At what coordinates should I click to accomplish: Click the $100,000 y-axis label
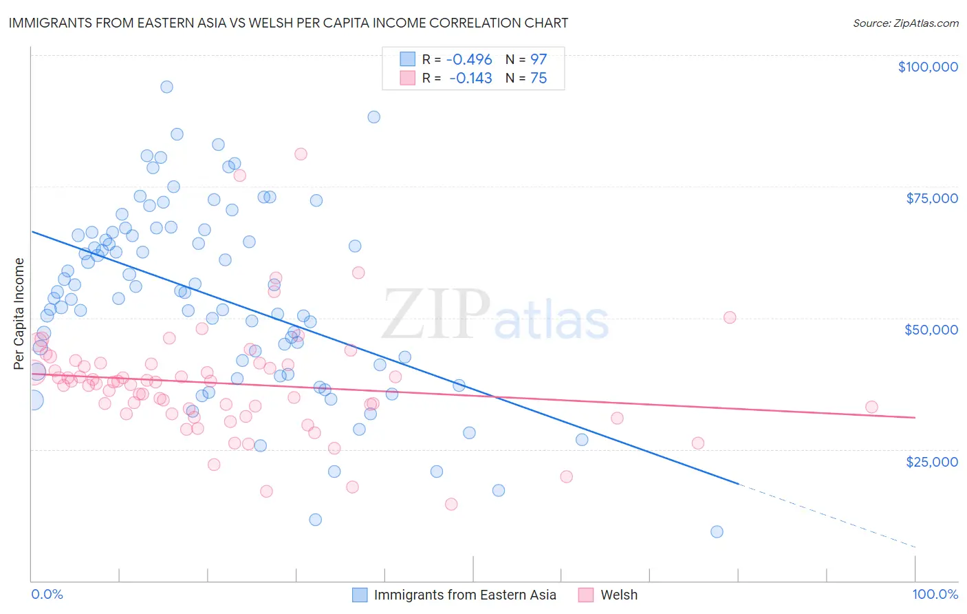pos(928,67)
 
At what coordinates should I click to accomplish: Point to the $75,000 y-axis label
pos(932,198)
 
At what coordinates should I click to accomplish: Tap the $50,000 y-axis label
pos(931,330)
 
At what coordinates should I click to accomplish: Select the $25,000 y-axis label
pos(932,461)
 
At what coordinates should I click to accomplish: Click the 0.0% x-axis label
pos(47,594)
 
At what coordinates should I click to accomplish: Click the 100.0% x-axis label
pos(935,594)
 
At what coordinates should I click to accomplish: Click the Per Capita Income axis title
pos(19,313)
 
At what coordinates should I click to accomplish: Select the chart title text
pos(288,23)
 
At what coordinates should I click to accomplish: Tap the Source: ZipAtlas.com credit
pos(905,23)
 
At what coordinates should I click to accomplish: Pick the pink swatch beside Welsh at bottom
pos(586,595)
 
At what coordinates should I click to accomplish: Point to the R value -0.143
pos(470,78)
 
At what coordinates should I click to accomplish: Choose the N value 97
pos(539,59)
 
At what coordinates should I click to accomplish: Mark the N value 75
pos(539,78)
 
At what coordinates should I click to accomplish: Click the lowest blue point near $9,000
pos(717,531)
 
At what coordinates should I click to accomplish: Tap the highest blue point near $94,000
pos(166,87)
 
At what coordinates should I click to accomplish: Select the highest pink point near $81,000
pos(301,154)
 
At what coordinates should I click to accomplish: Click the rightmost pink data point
pos(871,407)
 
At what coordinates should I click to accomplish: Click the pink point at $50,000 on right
pos(730,317)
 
